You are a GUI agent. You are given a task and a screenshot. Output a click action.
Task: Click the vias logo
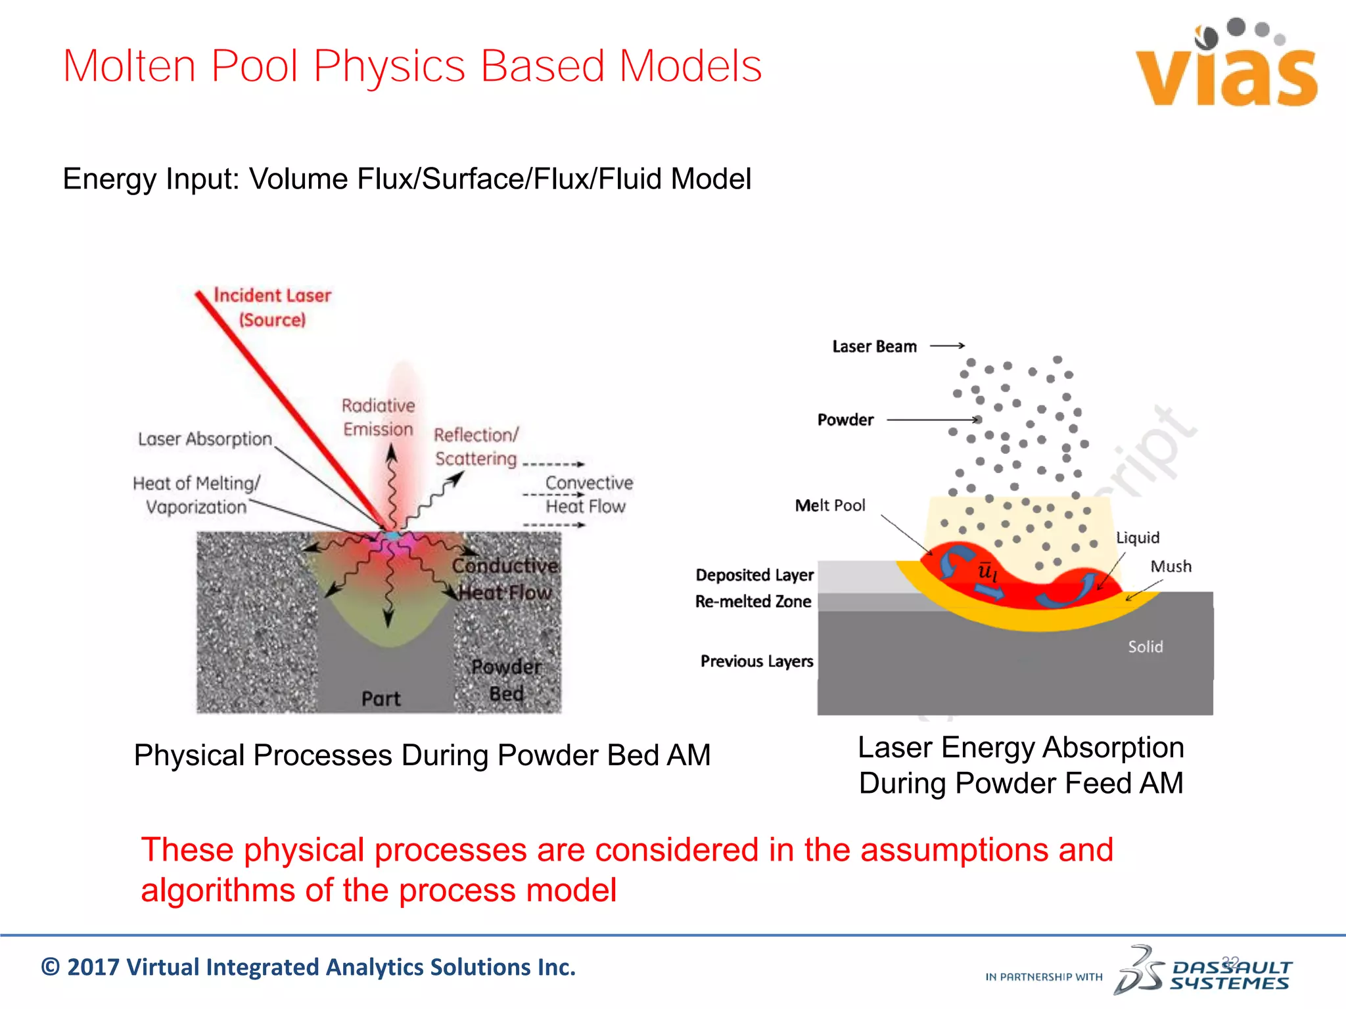[x=1226, y=66]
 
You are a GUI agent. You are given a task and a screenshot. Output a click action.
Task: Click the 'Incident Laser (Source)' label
[x=272, y=307]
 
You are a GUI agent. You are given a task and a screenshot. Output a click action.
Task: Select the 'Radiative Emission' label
[x=378, y=417]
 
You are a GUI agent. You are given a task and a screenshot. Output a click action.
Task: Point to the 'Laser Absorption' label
[x=204, y=439]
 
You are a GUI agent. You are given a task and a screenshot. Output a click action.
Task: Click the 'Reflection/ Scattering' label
[x=476, y=447]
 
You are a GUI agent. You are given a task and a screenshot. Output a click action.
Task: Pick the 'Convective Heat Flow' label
[x=588, y=495]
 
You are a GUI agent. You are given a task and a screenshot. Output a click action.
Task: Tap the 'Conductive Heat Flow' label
[x=505, y=579]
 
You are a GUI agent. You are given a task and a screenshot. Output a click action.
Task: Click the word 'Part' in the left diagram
[x=381, y=698]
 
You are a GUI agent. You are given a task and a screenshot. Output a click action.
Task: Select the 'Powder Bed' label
[x=507, y=680]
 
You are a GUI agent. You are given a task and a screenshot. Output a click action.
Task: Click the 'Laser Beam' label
[x=874, y=346]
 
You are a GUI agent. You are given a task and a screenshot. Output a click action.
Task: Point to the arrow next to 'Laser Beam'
[x=947, y=346]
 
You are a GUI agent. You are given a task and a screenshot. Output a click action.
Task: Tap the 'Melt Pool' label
[x=829, y=505]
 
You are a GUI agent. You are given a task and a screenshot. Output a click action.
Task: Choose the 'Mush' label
[x=1171, y=566]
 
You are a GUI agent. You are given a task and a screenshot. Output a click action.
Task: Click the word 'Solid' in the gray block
[x=1146, y=647]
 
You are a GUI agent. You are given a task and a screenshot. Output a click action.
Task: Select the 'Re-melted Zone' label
[x=753, y=602]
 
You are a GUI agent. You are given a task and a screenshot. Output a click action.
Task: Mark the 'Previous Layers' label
[x=756, y=661]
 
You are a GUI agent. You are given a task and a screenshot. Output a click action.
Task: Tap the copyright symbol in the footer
[x=50, y=968]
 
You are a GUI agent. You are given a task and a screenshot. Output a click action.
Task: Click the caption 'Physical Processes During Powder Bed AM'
[x=422, y=755]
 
